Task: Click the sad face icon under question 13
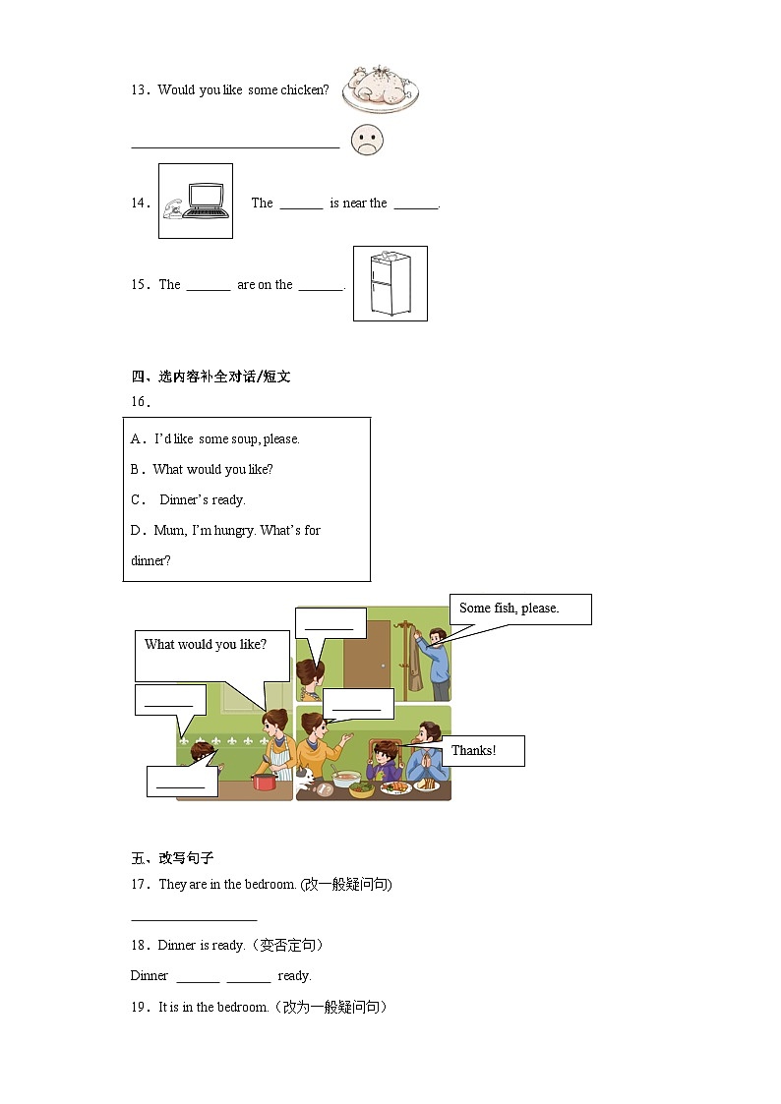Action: point(367,141)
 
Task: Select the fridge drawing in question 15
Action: point(390,284)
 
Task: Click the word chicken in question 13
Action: point(305,90)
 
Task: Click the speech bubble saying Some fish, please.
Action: point(519,609)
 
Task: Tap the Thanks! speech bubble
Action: point(482,751)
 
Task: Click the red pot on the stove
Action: point(263,782)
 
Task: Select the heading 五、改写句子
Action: point(172,858)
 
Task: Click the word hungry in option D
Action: point(234,531)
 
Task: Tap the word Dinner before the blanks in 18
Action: point(150,976)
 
